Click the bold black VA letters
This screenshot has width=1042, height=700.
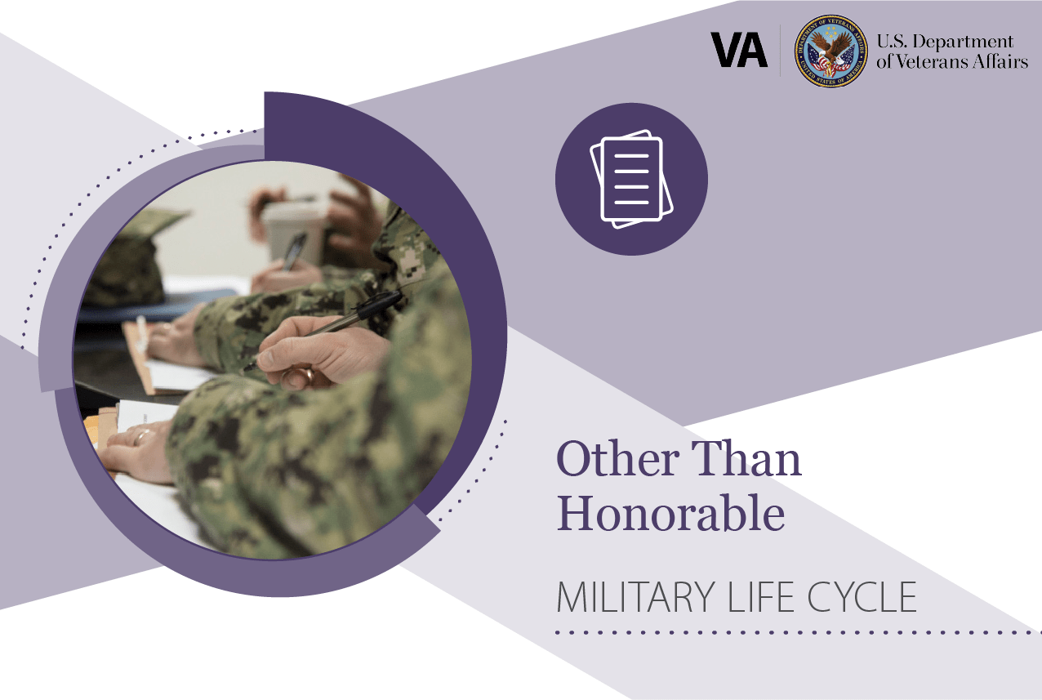coord(739,50)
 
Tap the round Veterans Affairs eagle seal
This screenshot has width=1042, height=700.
coord(830,51)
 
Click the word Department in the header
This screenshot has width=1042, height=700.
coord(962,42)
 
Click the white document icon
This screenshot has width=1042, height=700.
coord(631,179)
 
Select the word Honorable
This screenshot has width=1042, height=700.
coord(670,513)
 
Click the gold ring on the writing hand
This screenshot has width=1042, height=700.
coord(308,375)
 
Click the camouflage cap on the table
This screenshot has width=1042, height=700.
coord(131,258)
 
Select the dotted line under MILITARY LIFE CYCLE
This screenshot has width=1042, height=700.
coord(798,632)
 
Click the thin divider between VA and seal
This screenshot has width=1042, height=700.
coord(780,51)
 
